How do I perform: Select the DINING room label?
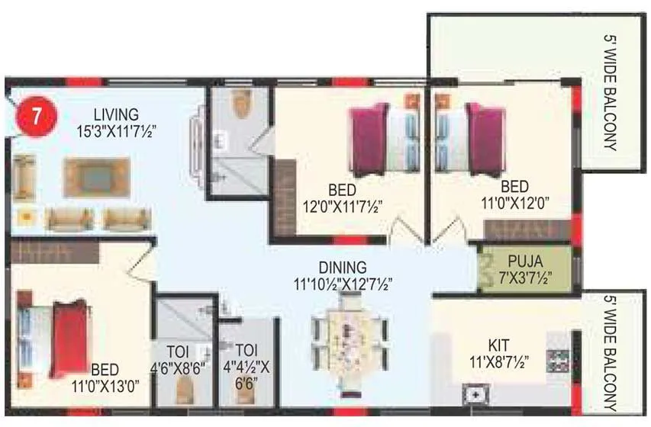(x=343, y=268)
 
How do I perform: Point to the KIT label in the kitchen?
(x=500, y=343)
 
